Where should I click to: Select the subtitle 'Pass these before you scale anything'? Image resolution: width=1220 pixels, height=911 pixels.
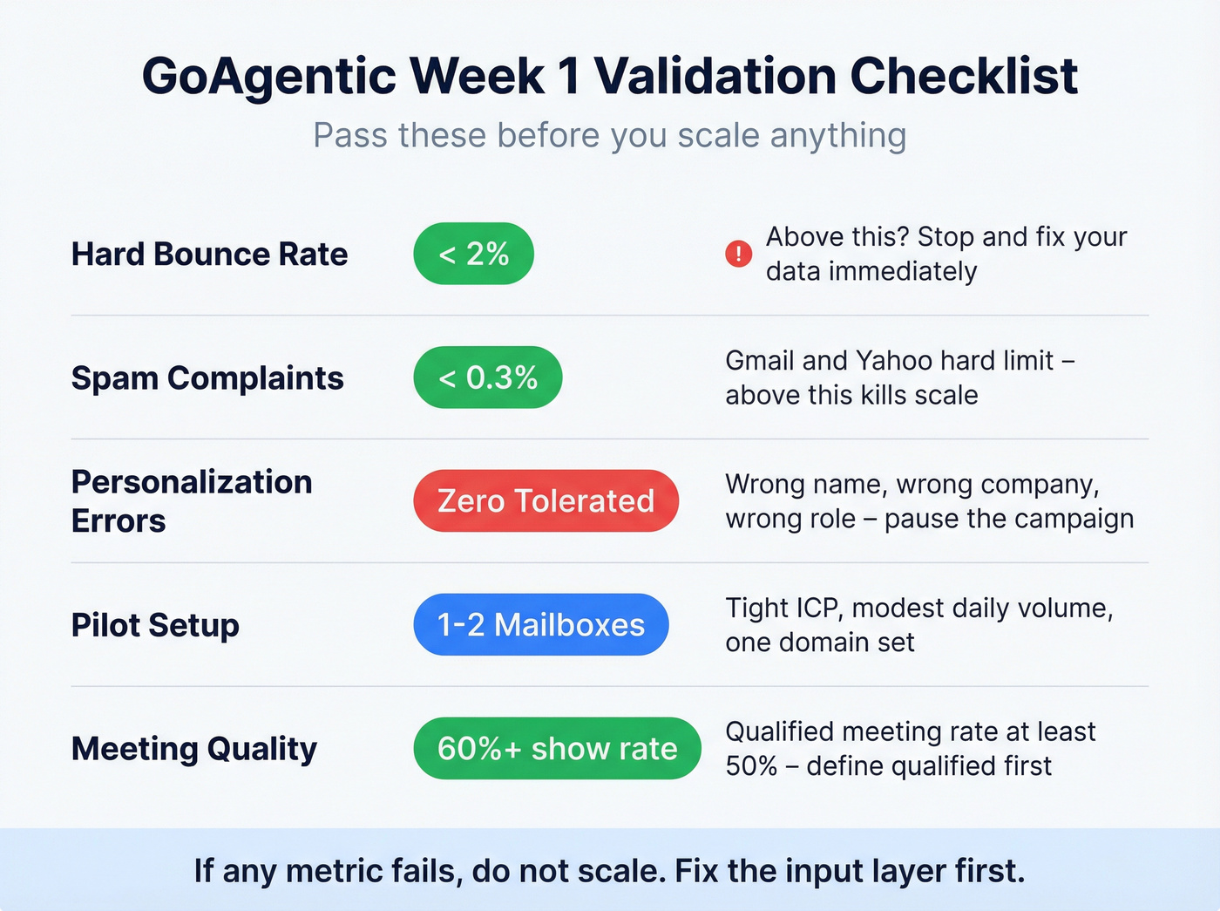(609, 136)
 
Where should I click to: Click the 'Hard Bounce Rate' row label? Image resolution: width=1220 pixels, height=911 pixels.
(209, 255)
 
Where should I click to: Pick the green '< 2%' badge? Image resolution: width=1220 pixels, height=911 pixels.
(473, 254)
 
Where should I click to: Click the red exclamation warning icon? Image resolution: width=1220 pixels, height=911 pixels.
(738, 254)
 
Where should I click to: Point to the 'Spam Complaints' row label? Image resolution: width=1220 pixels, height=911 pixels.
(207, 378)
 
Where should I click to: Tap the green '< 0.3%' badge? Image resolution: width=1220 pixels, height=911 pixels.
(487, 377)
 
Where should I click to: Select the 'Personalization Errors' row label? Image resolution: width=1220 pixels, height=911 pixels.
(192, 501)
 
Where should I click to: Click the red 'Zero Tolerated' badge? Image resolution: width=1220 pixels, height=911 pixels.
(546, 501)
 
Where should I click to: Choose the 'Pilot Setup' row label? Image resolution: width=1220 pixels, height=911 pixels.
(155, 625)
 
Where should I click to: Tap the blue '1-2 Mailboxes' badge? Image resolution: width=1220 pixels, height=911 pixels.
(540, 625)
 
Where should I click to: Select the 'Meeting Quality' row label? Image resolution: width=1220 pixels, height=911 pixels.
(194, 749)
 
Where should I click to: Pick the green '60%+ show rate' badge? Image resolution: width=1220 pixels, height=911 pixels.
(557, 749)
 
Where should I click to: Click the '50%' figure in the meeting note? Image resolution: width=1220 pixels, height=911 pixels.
(751, 766)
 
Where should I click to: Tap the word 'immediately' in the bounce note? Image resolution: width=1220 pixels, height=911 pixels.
(902, 272)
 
